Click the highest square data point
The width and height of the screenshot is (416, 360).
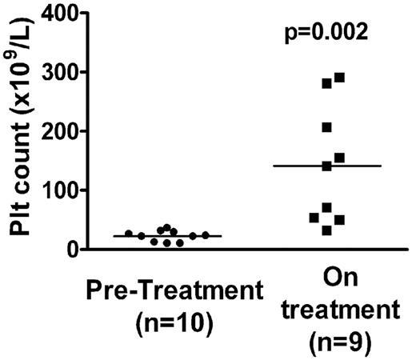(x=339, y=78)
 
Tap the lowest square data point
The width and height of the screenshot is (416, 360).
(x=326, y=230)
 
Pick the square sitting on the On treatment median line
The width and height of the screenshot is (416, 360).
(x=326, y=166)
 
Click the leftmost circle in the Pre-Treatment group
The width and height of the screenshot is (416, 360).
(x=129, y=234)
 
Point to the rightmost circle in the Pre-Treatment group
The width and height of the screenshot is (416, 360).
(x=206, y=235)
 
